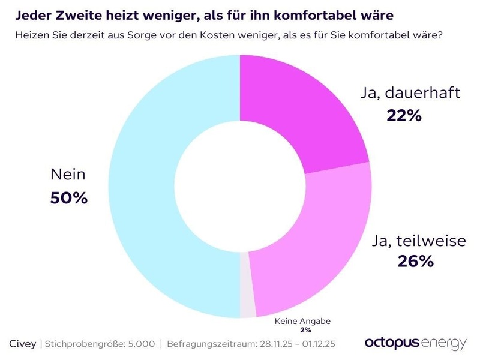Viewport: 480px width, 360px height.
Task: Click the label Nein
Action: point(68,175)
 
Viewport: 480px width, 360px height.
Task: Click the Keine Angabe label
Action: point(302,322)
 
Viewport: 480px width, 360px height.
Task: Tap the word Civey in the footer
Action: point(23,344)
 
